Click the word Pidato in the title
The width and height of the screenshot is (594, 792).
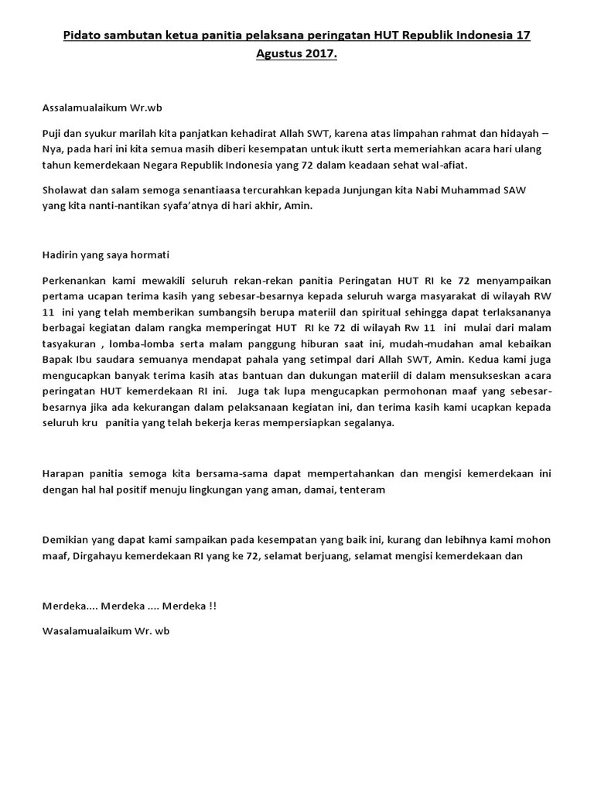click(83, 36)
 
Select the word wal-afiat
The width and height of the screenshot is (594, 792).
click(444, 166)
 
